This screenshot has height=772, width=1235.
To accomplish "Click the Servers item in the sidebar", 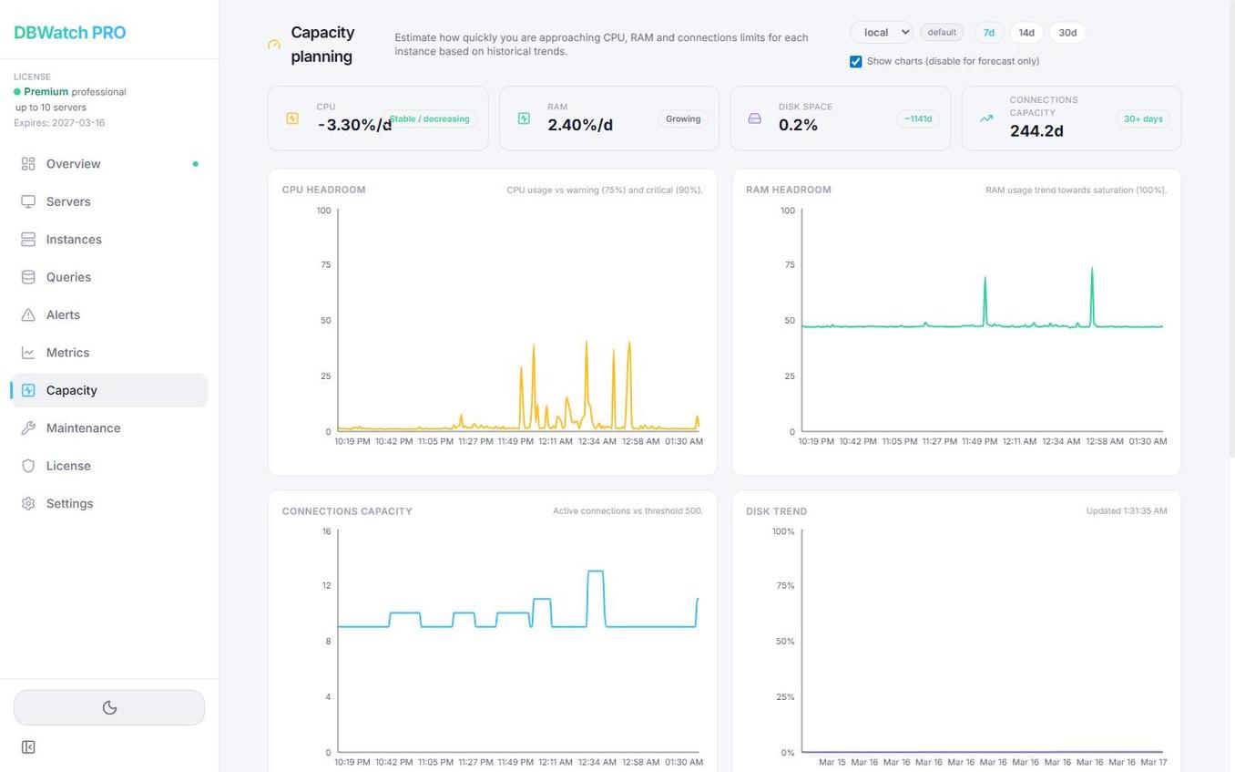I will (68, 201).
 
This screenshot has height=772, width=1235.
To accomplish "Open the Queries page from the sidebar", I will (68, 277).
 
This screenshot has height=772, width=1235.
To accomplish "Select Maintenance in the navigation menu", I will (83, 428).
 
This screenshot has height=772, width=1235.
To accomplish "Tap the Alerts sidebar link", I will (63, 314).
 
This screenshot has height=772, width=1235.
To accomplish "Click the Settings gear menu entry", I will (69, 504).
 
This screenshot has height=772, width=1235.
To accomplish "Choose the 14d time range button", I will (1026, 33).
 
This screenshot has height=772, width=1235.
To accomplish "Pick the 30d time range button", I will (1067, 33).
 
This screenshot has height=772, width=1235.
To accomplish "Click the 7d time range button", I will (988, 33).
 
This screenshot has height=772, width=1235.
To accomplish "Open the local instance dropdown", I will (881, 33).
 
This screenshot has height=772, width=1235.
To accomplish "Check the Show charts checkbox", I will (856, 62).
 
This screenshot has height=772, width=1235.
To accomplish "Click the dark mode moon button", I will (109, 708).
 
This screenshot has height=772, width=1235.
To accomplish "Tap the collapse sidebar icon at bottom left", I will (28, 747).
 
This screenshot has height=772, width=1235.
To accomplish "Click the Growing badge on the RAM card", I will (682, 119).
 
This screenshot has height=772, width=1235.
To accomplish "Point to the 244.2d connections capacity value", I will (1036, 131).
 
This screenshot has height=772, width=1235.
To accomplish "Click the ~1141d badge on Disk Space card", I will (917, 119).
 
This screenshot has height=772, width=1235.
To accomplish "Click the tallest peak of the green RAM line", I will (1092, 268).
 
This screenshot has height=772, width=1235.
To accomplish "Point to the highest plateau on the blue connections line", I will (595, 571).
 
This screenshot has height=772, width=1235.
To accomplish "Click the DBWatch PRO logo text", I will (70, 33).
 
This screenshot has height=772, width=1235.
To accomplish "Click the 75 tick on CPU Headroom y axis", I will (325, 265).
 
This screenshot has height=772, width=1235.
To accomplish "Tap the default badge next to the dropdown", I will (942, 33).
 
